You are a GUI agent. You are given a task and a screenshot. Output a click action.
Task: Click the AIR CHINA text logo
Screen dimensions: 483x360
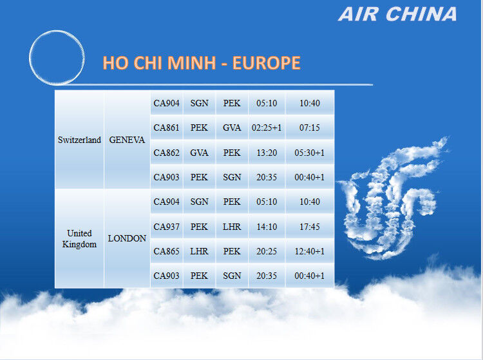pos(397,14)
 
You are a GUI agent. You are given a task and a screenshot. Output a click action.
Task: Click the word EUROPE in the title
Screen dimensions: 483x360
pos(266,63)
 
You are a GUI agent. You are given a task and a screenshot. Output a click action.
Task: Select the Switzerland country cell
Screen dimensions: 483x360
pos(79,140)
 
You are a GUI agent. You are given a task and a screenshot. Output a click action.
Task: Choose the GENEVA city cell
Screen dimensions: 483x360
pos(127,140)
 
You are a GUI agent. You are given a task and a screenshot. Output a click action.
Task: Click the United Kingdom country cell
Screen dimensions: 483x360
pos(79,239)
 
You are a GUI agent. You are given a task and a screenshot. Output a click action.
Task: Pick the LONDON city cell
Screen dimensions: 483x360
pos(127,239)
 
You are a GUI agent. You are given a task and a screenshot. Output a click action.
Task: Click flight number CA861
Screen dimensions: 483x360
pos(166,128)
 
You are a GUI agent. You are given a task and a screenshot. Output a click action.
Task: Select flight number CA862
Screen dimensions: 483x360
pos(166,153)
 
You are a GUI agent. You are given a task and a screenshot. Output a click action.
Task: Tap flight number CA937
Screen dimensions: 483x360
pos(166,227)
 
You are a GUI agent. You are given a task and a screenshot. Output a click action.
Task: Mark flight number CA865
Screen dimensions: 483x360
pos(166,251)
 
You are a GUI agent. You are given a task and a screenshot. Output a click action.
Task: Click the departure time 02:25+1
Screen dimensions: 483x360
pos(267,128)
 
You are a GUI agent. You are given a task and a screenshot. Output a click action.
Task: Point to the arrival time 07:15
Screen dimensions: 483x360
pos(310,128)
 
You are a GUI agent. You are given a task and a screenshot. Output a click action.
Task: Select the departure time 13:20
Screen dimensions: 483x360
pos(267,153)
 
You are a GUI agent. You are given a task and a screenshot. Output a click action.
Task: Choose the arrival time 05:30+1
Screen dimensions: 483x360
pos(310,153)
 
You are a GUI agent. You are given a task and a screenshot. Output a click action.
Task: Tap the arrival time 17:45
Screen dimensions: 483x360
pos(310,227)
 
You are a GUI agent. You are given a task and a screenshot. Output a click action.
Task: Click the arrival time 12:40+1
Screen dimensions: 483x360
pos(310,251)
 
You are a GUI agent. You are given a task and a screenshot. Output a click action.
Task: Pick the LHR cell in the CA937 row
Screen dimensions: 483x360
pos(232,227)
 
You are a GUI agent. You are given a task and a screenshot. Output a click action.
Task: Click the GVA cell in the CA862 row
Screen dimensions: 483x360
pos(199,153)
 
